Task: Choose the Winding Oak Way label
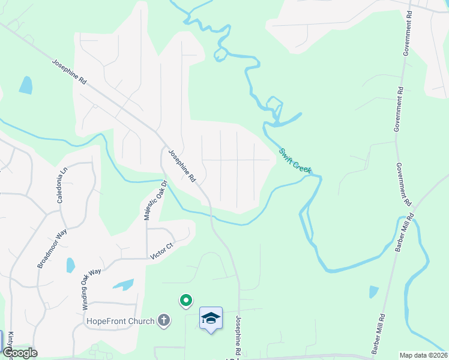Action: coord(92,289)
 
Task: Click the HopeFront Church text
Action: coord(121,321)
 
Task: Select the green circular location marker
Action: coord(186,300)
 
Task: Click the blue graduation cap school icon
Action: coord(211,318)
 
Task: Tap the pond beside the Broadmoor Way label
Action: coord(71,265)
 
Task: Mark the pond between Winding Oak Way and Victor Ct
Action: coord(124,284)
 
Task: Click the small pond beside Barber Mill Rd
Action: coord(374,292)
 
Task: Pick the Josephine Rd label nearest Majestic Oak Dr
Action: coord(182,166)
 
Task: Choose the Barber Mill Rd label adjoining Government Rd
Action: coord(403,235)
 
